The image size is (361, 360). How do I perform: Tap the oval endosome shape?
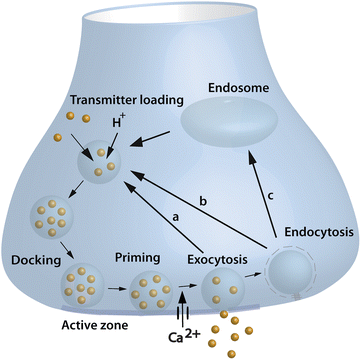(230, 127)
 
